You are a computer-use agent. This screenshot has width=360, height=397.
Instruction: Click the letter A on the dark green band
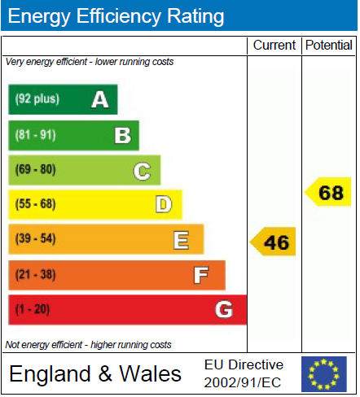(100, 99)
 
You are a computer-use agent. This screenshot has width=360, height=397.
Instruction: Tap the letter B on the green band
(123, 135)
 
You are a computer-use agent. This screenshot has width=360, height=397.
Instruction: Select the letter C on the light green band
(142, 171)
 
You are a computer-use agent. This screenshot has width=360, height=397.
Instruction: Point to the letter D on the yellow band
(164, 204)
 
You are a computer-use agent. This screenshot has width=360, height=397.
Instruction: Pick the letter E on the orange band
(181, 240)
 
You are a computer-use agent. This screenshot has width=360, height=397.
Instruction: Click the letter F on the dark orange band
(201, 275)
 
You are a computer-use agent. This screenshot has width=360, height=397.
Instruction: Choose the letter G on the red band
(224, 309)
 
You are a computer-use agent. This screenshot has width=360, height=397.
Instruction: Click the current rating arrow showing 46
(273, 242)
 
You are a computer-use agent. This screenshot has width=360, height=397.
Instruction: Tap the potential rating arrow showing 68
(327, 192)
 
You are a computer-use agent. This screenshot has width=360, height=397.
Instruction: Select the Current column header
(274, 45)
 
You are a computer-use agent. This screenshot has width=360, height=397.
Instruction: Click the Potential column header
(329, 45)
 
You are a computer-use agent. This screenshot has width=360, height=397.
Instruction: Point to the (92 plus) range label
(37, 98)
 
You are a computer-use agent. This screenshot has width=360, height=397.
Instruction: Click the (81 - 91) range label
(35, 135)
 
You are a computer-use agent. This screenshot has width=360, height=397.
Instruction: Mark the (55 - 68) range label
(35, 204)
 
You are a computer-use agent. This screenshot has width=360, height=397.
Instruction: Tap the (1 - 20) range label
(33, 309)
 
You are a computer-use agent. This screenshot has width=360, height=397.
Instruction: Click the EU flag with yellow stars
(324, 374)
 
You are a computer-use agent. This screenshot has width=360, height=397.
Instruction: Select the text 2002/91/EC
(243, 382)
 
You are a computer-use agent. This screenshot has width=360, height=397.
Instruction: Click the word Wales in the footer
(150, 373)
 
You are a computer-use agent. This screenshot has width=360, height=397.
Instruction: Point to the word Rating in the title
(195, 16)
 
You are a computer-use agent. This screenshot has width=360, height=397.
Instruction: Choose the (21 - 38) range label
(35, 274)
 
